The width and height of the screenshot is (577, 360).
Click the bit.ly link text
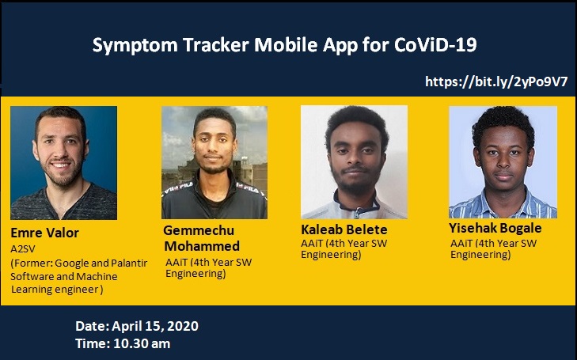click(x=496, y=81)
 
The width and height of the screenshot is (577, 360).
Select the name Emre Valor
click(x=45, y=233)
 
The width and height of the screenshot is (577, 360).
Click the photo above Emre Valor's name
click(x=63, y=162)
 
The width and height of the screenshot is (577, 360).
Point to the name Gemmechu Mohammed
click(x=201, y=237)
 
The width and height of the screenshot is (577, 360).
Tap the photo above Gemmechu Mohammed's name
click(x=214, y=162)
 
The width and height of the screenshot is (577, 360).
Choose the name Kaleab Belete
click(x=344, y=229)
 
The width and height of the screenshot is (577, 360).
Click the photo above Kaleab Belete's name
click(x=354, y=161)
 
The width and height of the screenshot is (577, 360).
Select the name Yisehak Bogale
click(x=495, y=228)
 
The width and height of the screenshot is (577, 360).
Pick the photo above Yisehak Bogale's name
click(x=503, y=161)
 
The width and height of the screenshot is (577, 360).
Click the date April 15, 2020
click(x=155, y=326)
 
